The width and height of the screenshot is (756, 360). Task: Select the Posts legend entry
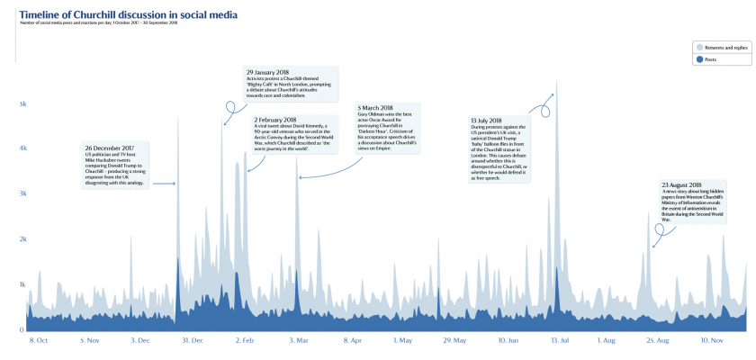click(x=710, y=59)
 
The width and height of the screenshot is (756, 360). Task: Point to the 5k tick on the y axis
click(x=22, y=104)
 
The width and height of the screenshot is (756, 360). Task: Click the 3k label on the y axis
click(x=22, y=194)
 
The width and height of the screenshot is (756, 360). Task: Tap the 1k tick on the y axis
click(x=22, y=284)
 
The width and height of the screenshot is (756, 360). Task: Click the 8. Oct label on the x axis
click(x=40, y=341)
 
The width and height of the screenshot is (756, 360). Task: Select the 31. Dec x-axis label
click(x=192, y=341)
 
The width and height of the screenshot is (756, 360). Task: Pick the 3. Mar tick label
click(x=300, y=341)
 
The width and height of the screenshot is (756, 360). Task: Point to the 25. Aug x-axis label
click(x=658, y=341)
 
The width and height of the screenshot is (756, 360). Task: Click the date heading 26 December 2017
click(x=110, y=148)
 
